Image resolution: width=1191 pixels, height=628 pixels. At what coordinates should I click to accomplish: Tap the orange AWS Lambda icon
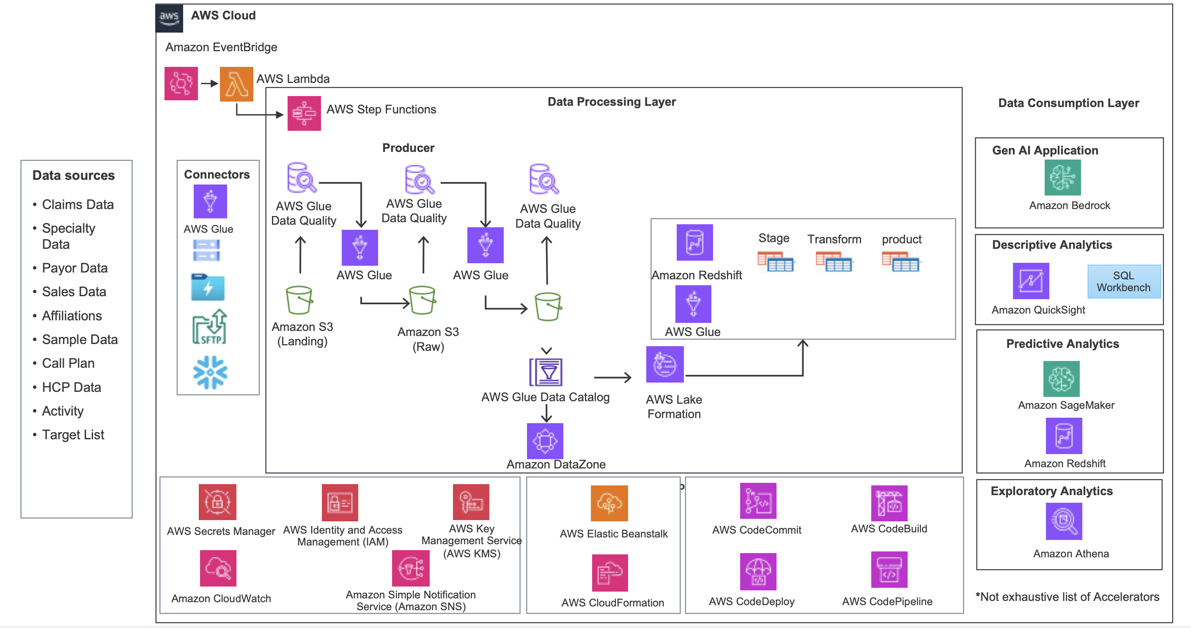click(x=236, y=84)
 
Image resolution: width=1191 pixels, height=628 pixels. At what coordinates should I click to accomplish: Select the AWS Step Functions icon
click(x=304, y=113)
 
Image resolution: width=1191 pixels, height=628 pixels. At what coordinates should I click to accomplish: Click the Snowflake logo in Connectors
click(x=210, y=372)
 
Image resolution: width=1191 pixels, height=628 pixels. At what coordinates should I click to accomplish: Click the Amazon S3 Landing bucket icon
click(x=299, y=300)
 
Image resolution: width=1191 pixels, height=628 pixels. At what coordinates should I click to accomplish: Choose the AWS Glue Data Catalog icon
click(x=546, y=372)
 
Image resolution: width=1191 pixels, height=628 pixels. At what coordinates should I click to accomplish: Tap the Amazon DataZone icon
click(x=545, y=441)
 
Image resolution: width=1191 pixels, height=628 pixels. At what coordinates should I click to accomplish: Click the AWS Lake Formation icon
click(x=664, y=365)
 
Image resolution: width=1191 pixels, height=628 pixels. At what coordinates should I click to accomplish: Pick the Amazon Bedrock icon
click(x=1062, y=178)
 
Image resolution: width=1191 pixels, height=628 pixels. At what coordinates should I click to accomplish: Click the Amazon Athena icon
click(x=1063, y=521)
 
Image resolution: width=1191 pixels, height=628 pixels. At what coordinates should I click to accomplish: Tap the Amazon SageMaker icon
click(x=1061, y=379)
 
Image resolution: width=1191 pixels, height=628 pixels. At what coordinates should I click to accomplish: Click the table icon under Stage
click(x=775, y=262)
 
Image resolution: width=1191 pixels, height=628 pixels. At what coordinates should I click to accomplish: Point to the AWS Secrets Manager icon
click(x=217, y=502)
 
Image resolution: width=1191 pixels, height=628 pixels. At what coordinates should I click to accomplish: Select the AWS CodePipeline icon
click(x=889, y=570)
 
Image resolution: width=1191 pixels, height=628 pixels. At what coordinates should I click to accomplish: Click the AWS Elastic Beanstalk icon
click(x=609, y=503)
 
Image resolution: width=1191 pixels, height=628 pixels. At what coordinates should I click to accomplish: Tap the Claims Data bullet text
click(x=78, y=204)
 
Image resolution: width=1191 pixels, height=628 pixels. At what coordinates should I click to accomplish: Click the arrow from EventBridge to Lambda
click(x=209, y=84)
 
